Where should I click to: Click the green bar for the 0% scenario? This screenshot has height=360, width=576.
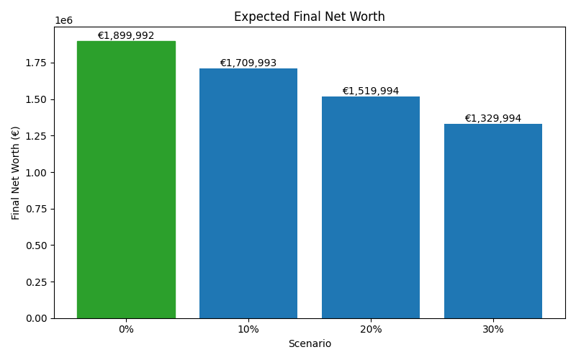click(x=126, y=180)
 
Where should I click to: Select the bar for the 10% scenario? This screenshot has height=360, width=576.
click(x=248, y=194)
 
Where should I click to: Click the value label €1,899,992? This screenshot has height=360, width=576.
click(x=126, y=36)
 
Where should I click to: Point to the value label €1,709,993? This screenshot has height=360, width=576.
click(x=248, y=63)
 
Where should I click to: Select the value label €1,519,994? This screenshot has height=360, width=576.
click(x=371, y=91)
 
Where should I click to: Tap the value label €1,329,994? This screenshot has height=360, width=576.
click(x=493, y=119)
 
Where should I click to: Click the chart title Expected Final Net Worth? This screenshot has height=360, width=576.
click(x=310, y=17)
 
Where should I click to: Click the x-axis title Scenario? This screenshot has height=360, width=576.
click(x=310, y=344)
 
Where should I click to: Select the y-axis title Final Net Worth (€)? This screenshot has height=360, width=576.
click(x=16, y=173)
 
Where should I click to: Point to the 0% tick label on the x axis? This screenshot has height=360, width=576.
click(x=126, y=329)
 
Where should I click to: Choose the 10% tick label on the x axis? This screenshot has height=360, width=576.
click(x=248, y=329)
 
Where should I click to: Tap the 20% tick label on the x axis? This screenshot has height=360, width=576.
click(x=371, y=329)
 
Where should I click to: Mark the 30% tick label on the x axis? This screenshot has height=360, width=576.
click(x=493, y=329)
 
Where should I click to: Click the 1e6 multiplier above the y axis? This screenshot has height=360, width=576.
click(x=63, y=21)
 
